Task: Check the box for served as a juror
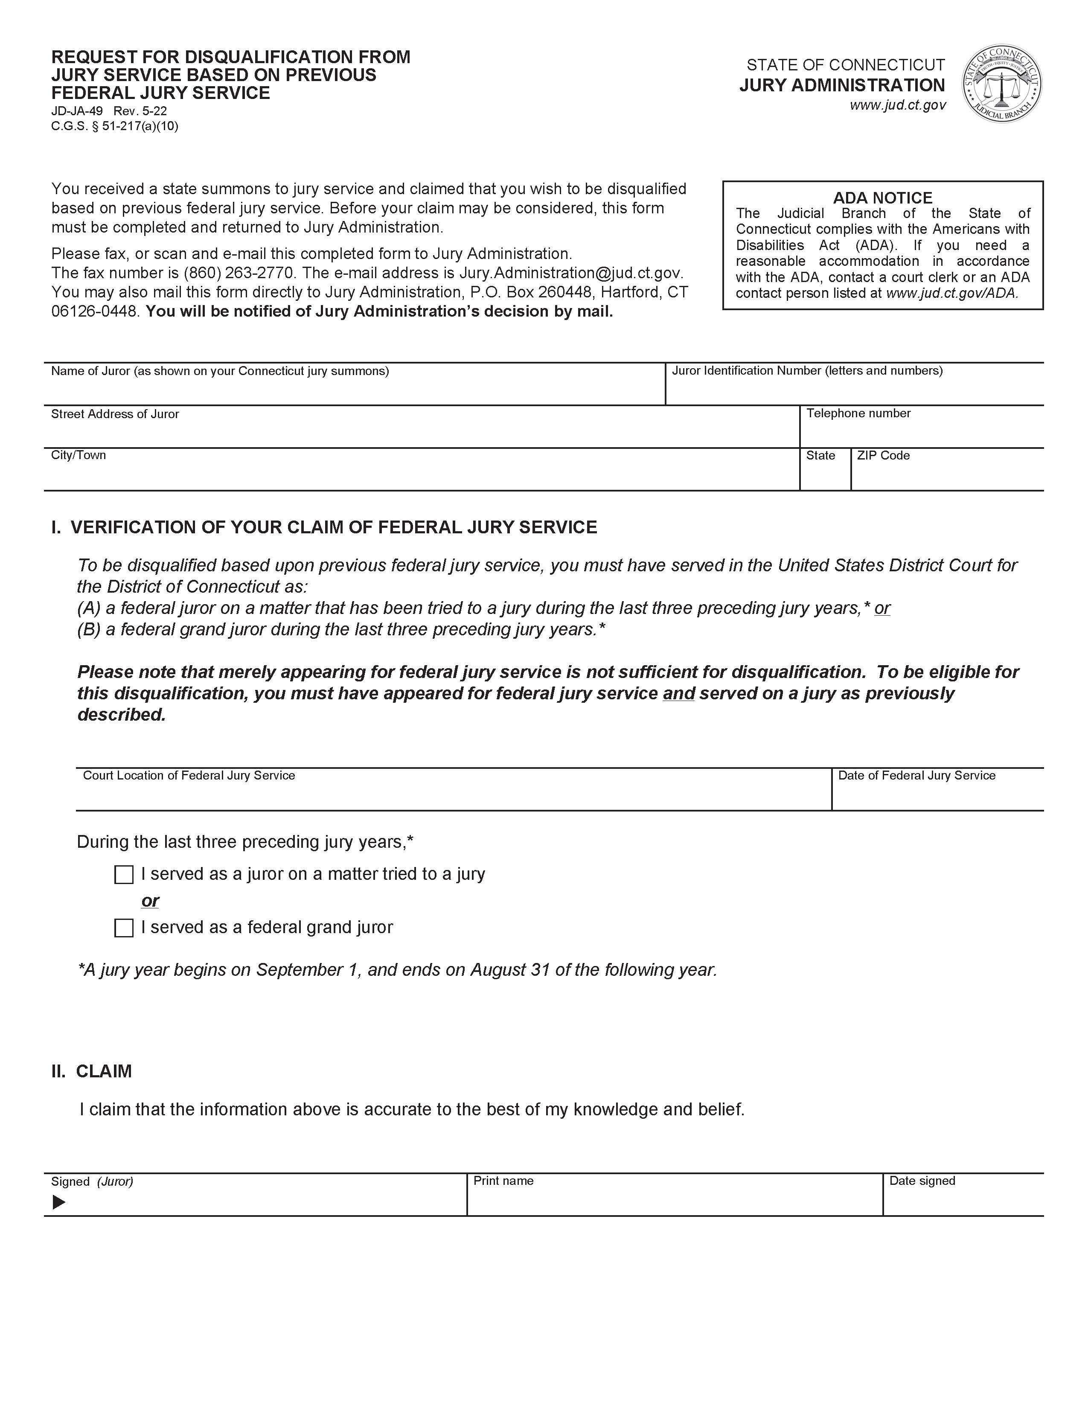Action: tap(124, 875)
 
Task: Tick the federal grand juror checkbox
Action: tap(124, 928)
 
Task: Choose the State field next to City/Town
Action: tap(825, 476)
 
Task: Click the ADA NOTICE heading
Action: tap(882, 198)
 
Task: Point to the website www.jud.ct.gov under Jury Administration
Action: tap(897, 105)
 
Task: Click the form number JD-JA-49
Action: tap(77, 111)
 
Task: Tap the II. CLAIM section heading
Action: tap(92, 1071)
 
